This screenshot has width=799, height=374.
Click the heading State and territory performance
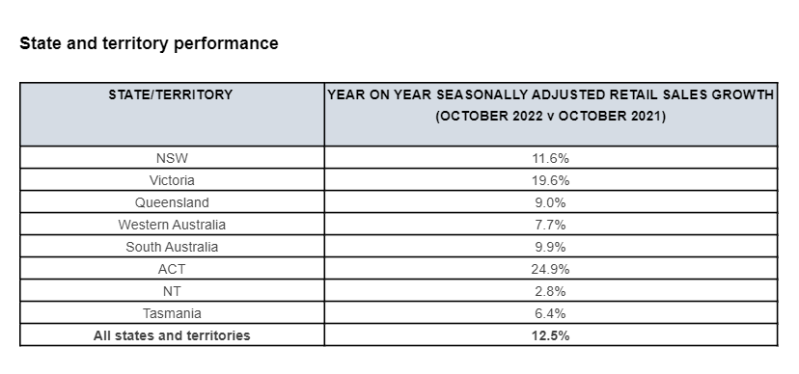pyautogui.click(x=149, y=43)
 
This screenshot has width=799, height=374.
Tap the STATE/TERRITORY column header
pyautogui.click(x=170, y=95)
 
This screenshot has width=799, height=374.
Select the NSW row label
pyautogui.click(x=172, y=158)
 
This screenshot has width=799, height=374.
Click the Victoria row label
pyautogui.click(x=172, y=180)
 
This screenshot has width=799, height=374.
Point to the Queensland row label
pyautogui.click(x=172, y=202)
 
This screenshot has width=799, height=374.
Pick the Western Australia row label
pyautogui.click(x=172, y=225)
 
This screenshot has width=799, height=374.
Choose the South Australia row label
pyautogui.click(x=172, y=248)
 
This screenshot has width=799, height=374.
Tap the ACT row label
pyautogui.click(x=172, y=269)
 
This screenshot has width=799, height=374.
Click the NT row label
pyautogui.click(x=172, y=291)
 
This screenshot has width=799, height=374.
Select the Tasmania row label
pyautogui.click(x=172, y=313)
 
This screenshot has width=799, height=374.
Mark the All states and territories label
pyautogui.click(x=172, y=335)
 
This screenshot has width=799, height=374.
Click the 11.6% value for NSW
pyautogui.click(x=550, y=158)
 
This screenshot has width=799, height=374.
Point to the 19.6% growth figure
pyautogui.click(x=550, y=180)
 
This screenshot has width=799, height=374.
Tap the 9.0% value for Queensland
pyautogui.click(x=550, y=202)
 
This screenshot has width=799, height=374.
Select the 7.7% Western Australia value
pyautogui.click(x=550, y=225)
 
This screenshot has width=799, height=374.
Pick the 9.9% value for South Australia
pyautogui.click(x=550, y=248)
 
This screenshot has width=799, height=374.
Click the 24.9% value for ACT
pyautogui.click(x=550, y=269)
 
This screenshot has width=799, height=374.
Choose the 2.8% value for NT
pyautogui.click(x=550, y=291)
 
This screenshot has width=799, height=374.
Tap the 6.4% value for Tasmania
pyautogui.click(x=550, y=313)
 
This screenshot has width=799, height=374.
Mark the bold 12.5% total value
pyautogui.click(x=550, y=335)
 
